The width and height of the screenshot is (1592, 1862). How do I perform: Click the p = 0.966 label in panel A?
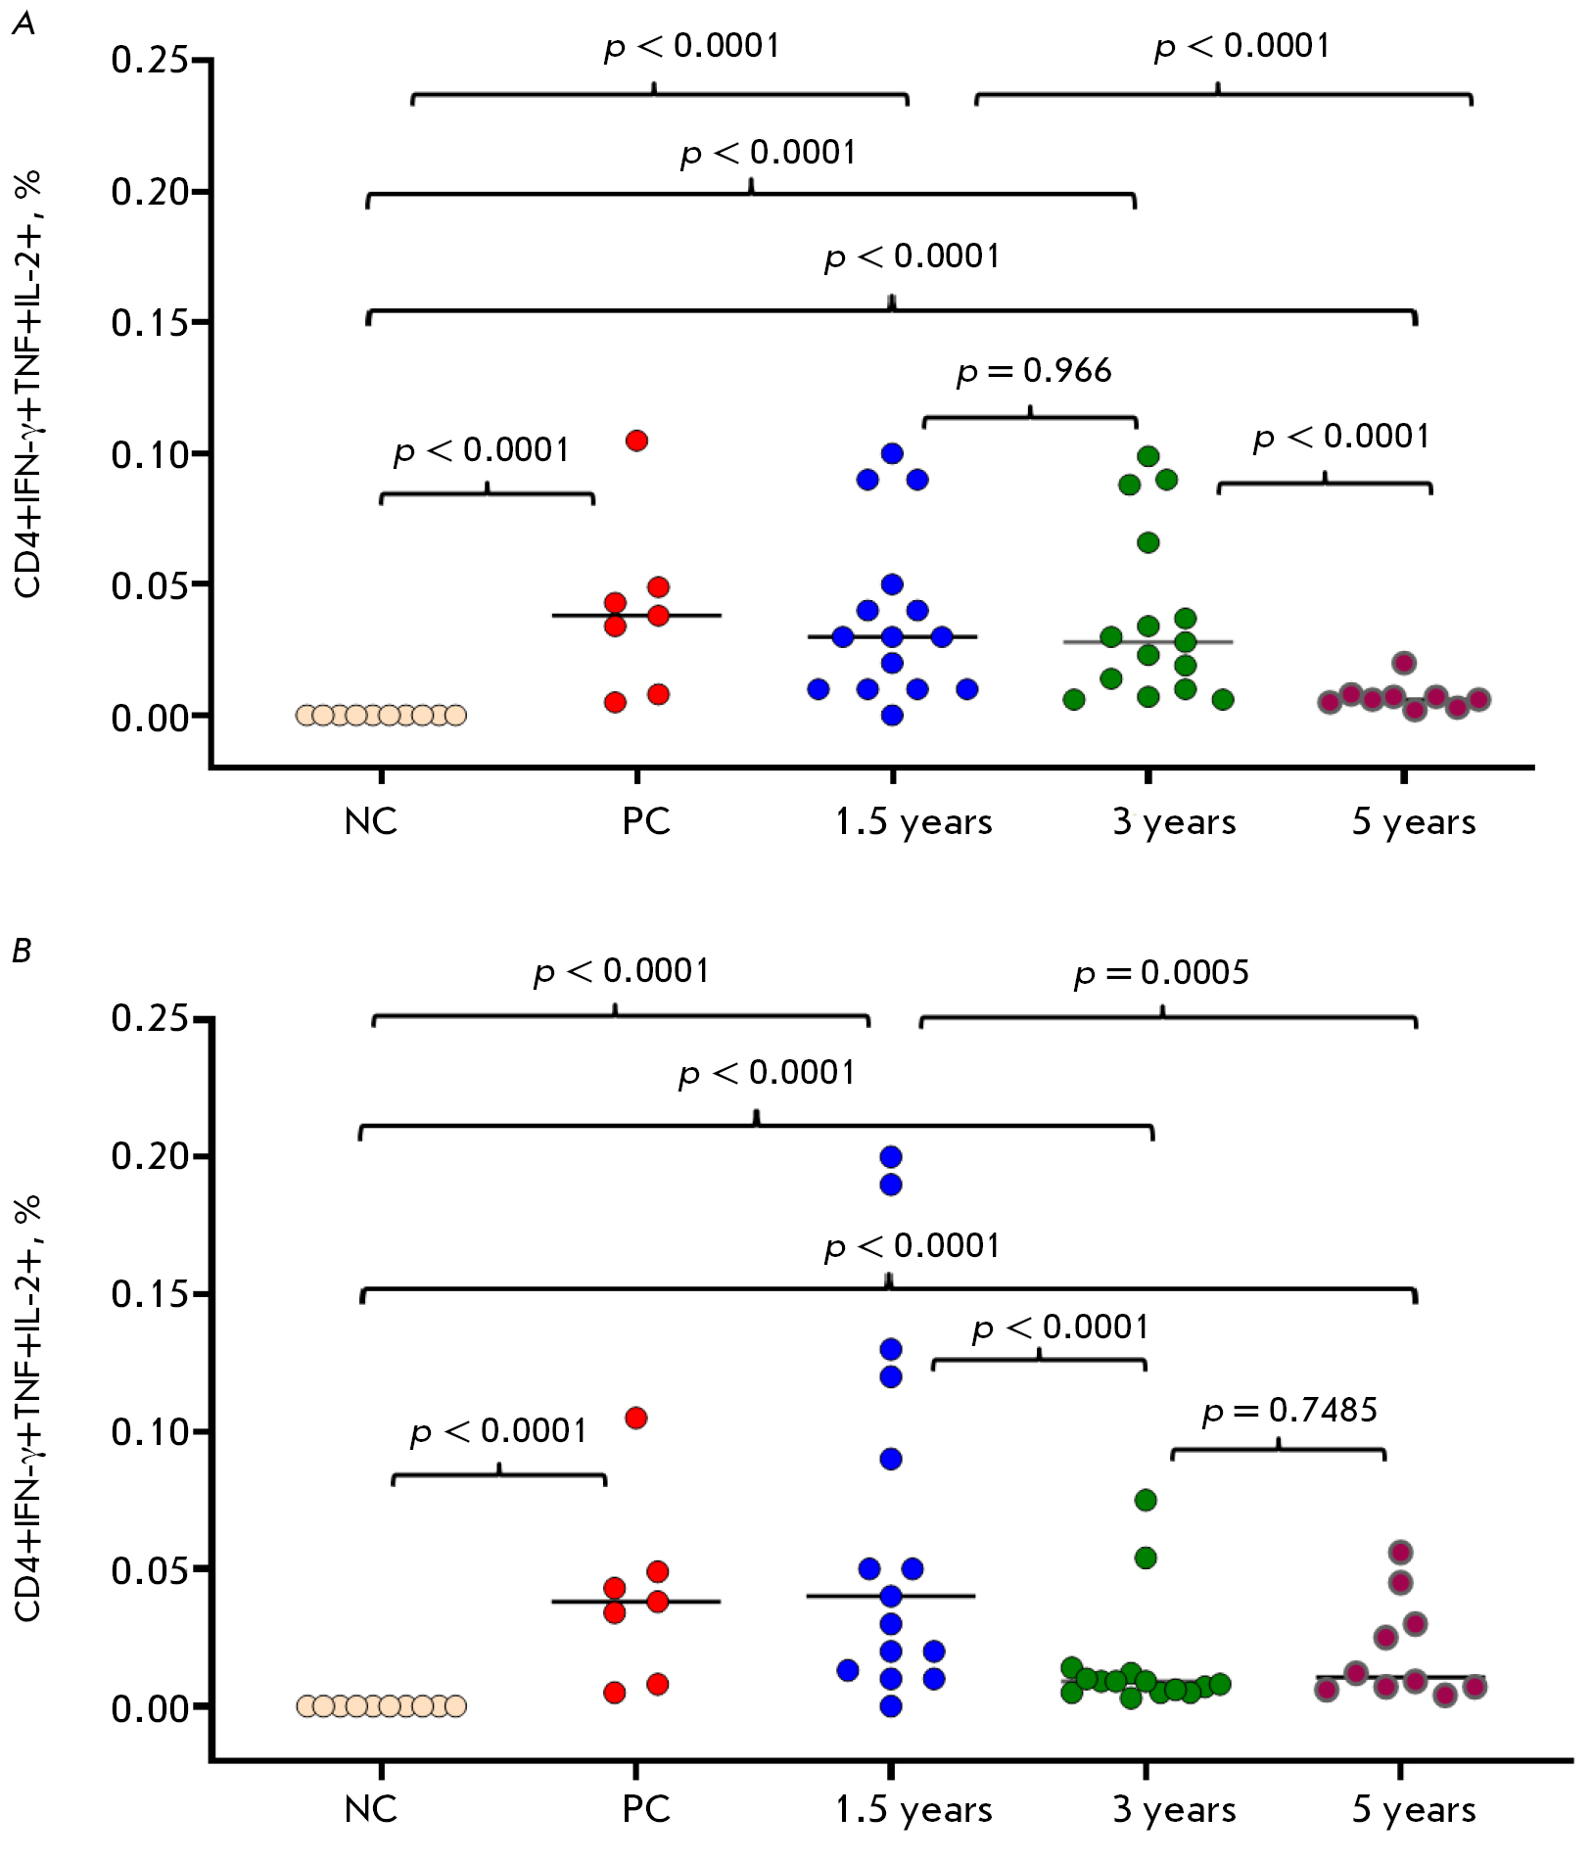[x=1034, y=371]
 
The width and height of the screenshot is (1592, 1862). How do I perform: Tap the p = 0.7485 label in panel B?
[x=1289, y=1411]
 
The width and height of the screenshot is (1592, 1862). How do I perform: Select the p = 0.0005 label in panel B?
[x=1161, y=973]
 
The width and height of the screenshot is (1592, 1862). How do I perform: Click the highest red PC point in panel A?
[x=636, y=441]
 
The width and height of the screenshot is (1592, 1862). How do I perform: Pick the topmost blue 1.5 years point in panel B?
[x=891, y=1157]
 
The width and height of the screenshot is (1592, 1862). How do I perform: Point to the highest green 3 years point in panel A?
[x=1148, y=456]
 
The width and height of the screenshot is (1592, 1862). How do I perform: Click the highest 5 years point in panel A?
[x=1404, y=663]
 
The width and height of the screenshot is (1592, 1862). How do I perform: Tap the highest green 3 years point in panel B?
[x=1146, y=1500]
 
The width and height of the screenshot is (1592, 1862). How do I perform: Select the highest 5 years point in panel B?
[x=1401, y=1553]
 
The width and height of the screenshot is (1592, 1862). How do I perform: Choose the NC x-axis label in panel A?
[x=371, y=821]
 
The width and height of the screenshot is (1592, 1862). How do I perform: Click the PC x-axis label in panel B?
[x=646, y=1810]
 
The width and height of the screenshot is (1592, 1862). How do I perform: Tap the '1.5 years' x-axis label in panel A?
[x=913, y=822]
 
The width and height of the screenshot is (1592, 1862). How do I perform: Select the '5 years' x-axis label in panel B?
[x=1414, y=1810]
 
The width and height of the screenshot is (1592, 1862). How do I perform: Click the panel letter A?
[x=23, y=23]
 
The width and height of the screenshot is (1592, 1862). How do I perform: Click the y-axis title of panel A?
[x=28, y=384]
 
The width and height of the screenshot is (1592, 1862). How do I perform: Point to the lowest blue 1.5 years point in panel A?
[x=892, y=715]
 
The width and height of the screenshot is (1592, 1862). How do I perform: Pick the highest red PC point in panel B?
[x=636, y=1418]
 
